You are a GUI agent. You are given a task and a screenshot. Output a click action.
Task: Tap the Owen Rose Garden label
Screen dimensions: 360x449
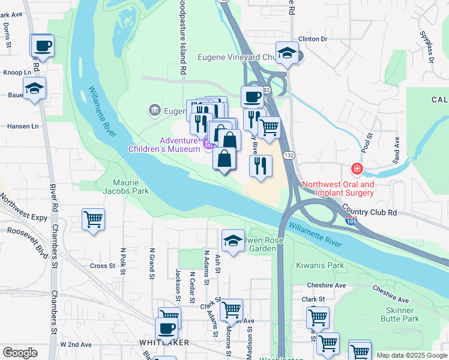tap(259, 244)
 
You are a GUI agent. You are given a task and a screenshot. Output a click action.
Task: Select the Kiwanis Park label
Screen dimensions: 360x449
tap(319, 265)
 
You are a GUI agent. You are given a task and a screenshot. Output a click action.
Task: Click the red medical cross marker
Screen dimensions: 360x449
tap(357, 169)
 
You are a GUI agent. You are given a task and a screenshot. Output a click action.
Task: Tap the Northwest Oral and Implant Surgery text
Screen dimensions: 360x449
tap(337, 188)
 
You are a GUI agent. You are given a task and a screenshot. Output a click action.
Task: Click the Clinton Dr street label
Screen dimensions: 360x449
tap(312, 39)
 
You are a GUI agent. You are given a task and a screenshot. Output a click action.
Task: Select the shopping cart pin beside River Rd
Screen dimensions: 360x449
tap(93, 219)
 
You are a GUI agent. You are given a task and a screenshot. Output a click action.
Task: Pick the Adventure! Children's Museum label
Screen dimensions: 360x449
tap(163, 145)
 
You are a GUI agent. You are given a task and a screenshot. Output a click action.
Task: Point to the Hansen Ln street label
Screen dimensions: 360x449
tap(23, 127)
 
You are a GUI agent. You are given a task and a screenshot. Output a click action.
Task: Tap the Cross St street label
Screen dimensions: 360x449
tap(102, 266)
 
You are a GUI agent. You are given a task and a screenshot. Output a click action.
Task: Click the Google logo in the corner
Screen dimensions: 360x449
tap(19, 352)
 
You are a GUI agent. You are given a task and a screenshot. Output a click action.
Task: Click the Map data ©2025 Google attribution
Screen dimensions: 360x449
tap(411, 355)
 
